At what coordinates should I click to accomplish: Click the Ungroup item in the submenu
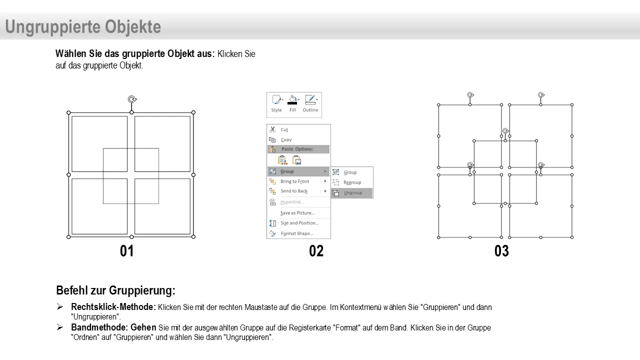tap(352, 193)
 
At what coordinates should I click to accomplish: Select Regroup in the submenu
tap(352, 182)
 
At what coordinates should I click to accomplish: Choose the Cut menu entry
tap(298, 129)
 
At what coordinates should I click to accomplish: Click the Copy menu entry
tap(298, 139)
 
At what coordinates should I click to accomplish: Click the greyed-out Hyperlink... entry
tap(298, 202)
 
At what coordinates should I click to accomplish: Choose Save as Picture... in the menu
tap(298, 213)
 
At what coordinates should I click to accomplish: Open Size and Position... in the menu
tap(298, 223)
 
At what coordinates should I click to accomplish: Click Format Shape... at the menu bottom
tap(298, 233)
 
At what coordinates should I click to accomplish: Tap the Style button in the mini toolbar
tap(276, 103)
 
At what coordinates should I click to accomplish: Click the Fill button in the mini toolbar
tap(293, 103)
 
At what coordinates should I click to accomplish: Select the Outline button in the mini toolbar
tap(310, 103)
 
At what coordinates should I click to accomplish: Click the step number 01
tap(127, 251)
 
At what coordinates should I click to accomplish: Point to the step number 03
tap(501, 251)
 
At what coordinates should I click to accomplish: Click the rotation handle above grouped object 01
tap(132, 99)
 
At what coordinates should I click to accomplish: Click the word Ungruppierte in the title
tap(53, 27)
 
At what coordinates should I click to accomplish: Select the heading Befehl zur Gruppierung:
tap(115, 290)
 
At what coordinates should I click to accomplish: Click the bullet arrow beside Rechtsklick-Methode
tap(59, 307)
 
